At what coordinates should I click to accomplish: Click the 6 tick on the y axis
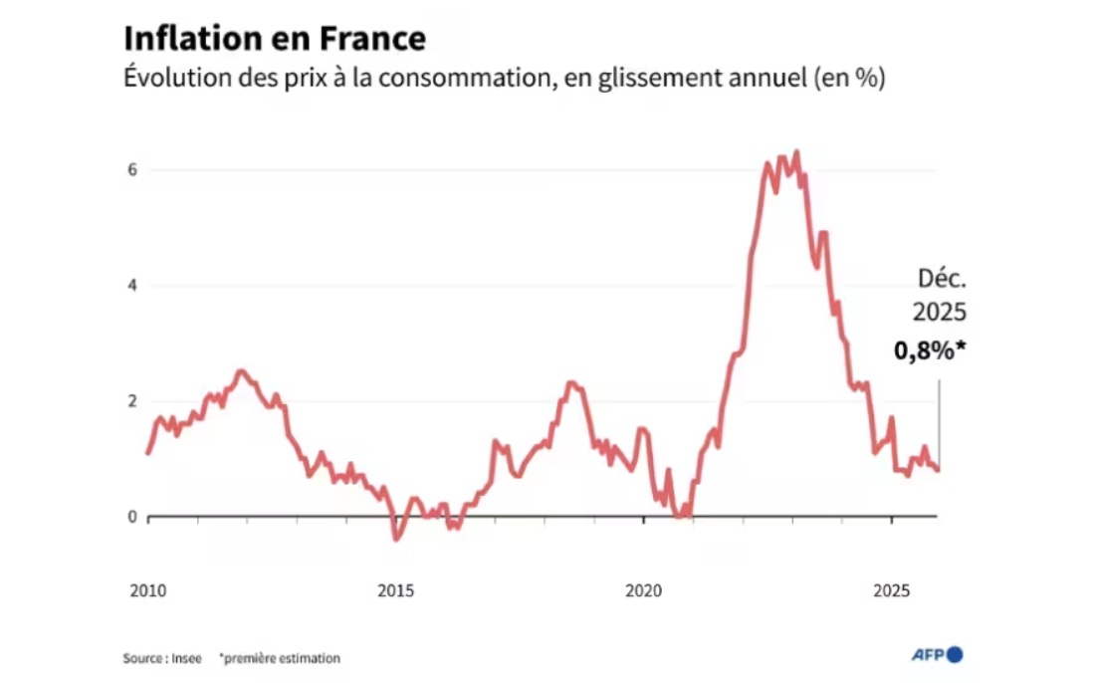point(130,170)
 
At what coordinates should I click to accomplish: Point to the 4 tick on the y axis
point(130,286)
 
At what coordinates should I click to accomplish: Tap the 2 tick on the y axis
point(130,401)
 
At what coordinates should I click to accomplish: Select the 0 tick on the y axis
point(130,517)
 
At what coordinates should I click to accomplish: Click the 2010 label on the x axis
point(147,591)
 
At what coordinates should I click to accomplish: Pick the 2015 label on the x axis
point(395,591)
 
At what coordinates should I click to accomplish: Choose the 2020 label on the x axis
point(643,591)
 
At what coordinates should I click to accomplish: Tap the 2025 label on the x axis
point(891,591)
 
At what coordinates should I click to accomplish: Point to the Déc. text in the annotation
point(941,280)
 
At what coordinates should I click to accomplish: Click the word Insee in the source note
point(188,658)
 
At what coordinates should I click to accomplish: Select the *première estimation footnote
point(280,658)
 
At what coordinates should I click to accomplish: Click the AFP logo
point(937,655)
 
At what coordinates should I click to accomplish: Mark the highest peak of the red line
point(796,152)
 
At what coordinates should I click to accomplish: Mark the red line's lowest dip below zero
point(396,539)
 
